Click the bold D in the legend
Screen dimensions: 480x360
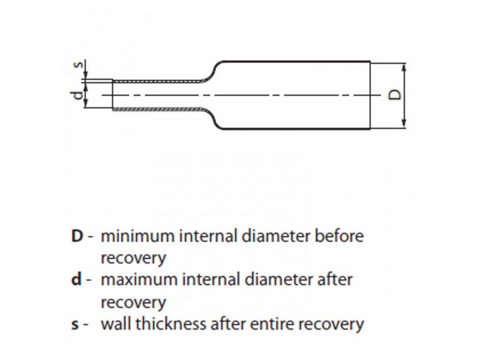(77, 236)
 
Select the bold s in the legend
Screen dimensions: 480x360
(75, 325)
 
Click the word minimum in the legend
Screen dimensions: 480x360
(137, 236)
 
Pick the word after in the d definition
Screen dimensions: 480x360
(335, 280)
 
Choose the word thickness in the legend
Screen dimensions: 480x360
(171, 324)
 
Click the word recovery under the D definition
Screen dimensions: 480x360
(133, 259)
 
